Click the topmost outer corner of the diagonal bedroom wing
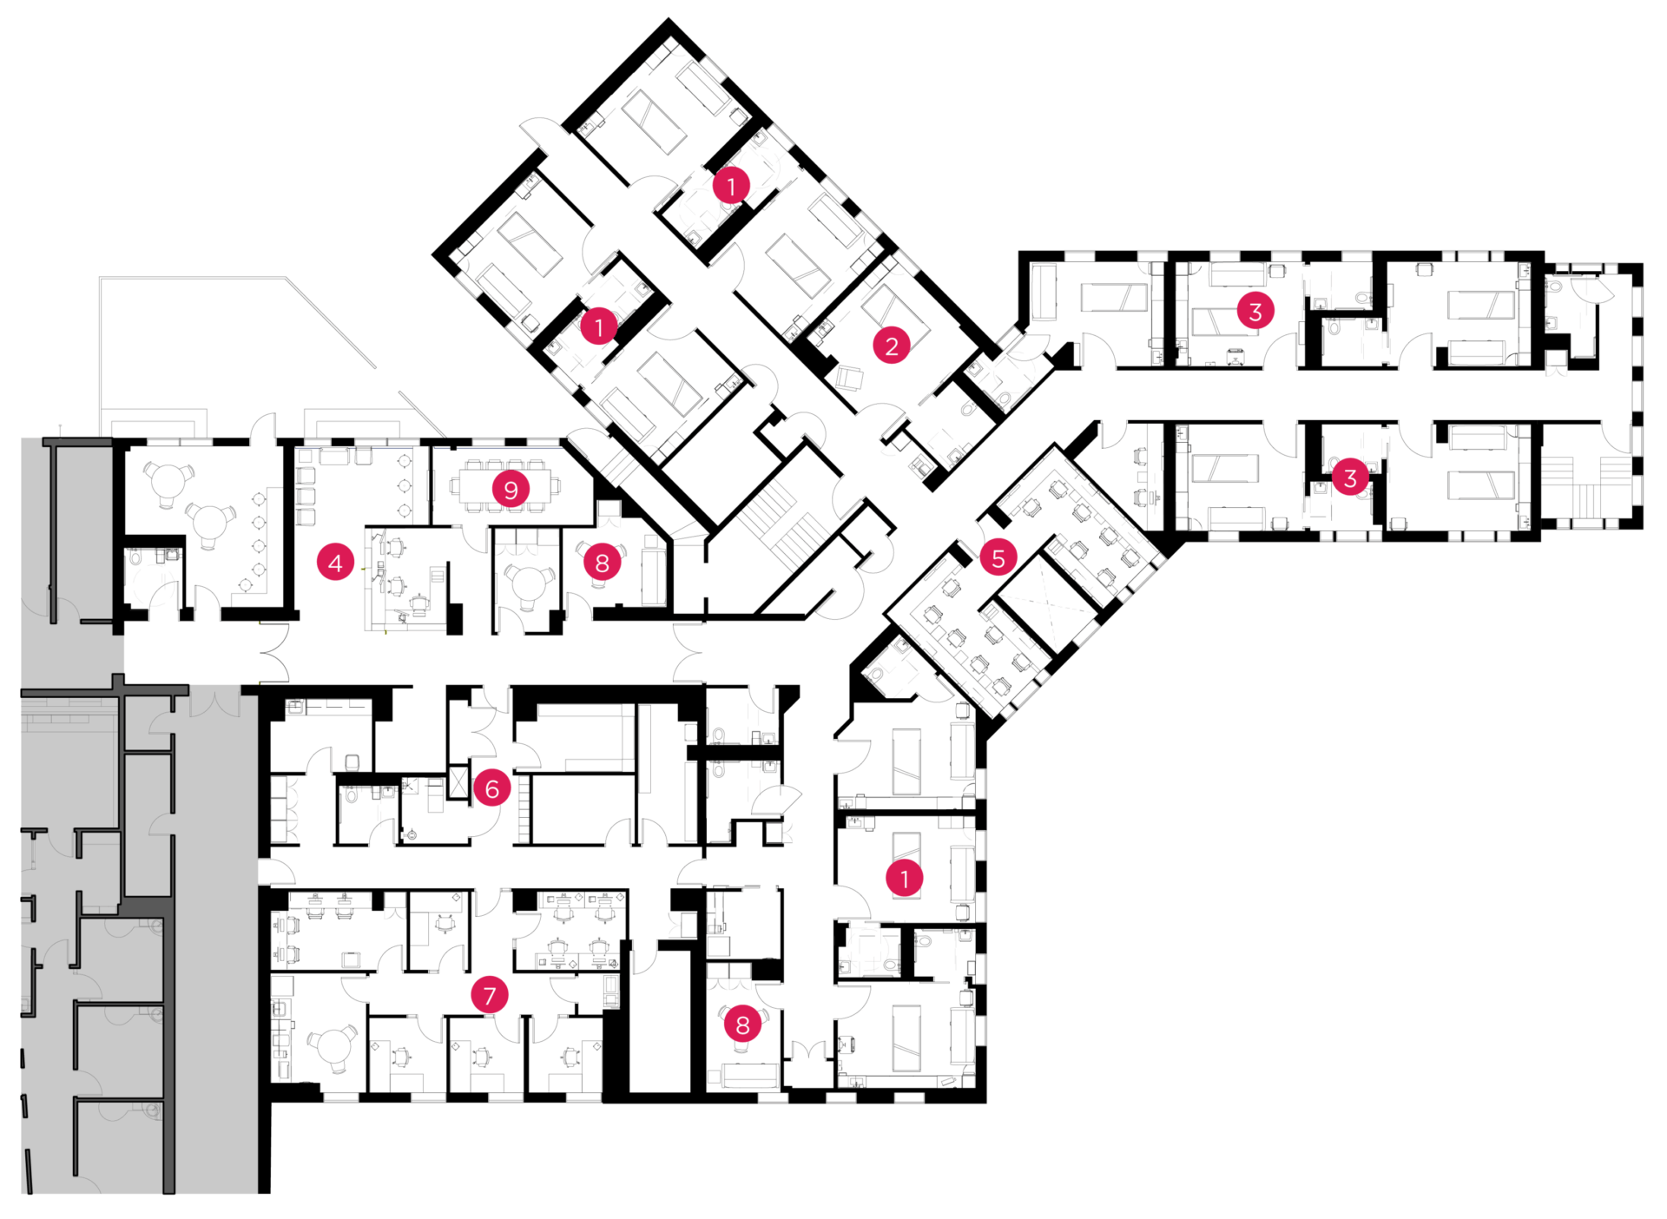[x=669, y=17]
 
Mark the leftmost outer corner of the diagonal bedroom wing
[x=432, y=257]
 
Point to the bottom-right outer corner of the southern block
[x=986, y=1103]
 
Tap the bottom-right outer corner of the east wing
[x=1643, y=529]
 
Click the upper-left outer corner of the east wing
[x=1019, y=253]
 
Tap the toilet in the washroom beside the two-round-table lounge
[x=135, y=556]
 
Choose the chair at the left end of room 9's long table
[x=455, y=487]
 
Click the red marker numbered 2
[x=892, y=346]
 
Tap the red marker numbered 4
[x=336, y=563]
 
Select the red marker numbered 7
[x=490, y=995]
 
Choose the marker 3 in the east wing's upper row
[x=1255, y=311]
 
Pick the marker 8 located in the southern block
[x=742, y=1025]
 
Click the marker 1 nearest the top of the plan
[x=731, y=185]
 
